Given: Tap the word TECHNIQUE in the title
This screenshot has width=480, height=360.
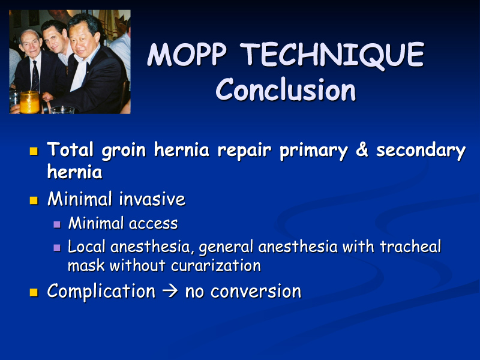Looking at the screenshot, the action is pyautogui.click(x=332, y=55).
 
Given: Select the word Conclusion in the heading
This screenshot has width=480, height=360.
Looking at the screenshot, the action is pyautogui.click(x=286, y=89).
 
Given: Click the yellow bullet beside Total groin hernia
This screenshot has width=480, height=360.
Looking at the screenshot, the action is pyautogui.click(x=34, y=151).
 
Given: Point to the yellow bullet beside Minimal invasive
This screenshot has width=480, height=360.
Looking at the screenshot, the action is pyautogui.click(x=34, y=200).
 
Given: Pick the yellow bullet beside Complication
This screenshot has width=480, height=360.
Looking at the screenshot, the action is pyautogui.click(x=34, y=292).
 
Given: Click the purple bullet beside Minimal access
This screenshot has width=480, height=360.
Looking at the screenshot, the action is pyautogui.click(x=57, y=224).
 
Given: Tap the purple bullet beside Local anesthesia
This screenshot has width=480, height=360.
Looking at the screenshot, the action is pyautogui.click(x=57, y=247).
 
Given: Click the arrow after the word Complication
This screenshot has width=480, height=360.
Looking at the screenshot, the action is pyautogui.click(x=170, y=291).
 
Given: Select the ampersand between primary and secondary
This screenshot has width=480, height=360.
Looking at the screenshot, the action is pyautogui.click(x=362, y=150).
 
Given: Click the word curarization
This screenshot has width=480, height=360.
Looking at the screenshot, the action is pyautogui.click(x=216, y=265).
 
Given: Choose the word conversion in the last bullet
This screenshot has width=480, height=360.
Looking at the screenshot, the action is pyautogui.click(x=256, y=292).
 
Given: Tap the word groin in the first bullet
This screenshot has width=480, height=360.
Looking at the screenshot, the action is pyautogui.click(x=124, y=151).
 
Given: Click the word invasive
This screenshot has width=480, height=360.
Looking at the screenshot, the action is pyautogui.click(x=152, y=199).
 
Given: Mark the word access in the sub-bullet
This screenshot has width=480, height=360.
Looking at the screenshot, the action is pyautogui.click(x=154, y=224).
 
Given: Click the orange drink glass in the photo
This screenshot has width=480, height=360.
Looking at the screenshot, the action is pyautogui.click(x=29, y=102).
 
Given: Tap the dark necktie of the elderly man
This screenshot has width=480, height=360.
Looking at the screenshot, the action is pyautogui.click(x=35, y=77).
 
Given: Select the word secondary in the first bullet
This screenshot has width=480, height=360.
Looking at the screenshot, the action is pyautogui.click(x=421, y=150).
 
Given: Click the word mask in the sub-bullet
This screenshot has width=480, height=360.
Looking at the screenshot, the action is pyautogui.click(x=86, y=265).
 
